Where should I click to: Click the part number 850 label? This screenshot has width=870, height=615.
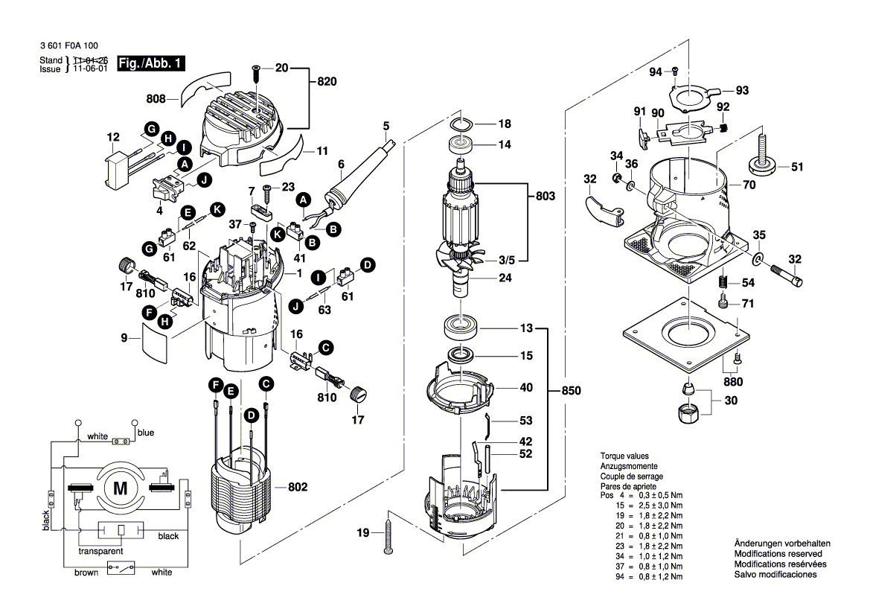(x=572, y=391)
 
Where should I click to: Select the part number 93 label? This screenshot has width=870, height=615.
(x=742, y=90)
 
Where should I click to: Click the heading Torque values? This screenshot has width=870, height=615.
(x=624, y=456)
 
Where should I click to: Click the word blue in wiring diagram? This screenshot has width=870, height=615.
(x=145, y=432)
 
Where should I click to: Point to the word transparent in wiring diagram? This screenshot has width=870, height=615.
(x=100, y=552)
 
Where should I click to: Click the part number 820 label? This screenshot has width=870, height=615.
(x=329, y=82)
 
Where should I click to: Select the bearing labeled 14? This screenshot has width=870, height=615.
(x=460, y=145)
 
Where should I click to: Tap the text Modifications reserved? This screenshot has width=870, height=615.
(x=778, y=554)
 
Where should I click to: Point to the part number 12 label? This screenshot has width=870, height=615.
(x=113, y=137)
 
